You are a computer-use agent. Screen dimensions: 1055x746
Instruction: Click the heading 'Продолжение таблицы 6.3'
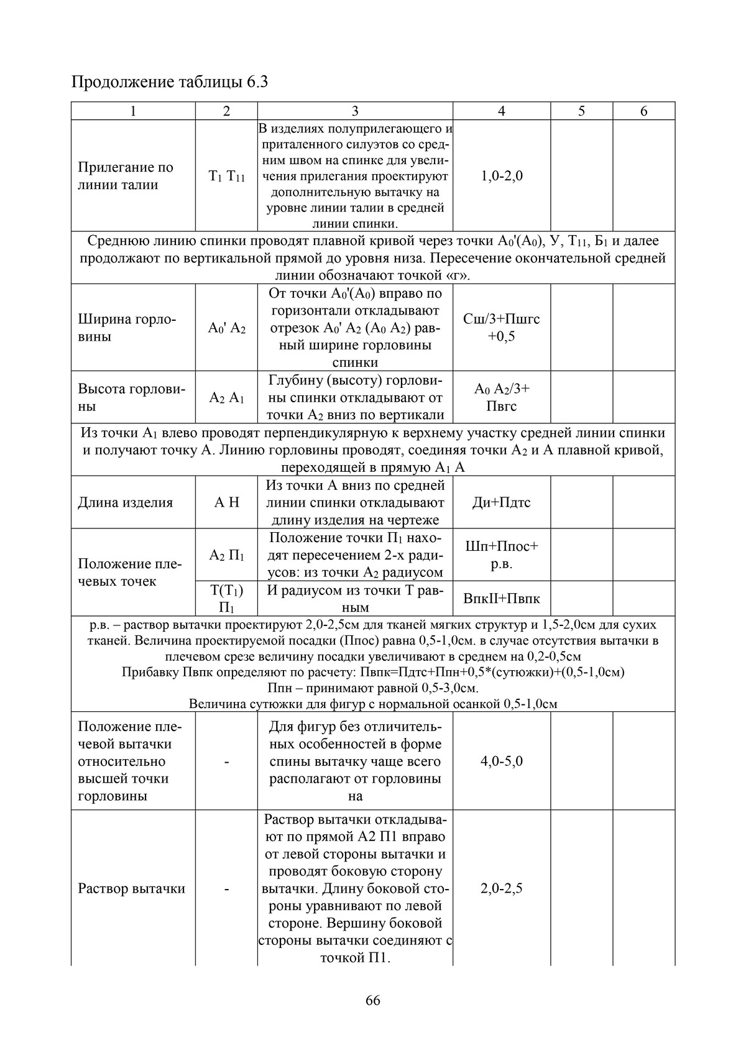point(170,82)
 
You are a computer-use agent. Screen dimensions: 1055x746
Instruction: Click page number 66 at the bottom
point(373,1000)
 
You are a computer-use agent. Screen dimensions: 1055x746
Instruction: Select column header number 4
point(501,111)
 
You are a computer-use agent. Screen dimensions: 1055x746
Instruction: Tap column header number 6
point(643,111)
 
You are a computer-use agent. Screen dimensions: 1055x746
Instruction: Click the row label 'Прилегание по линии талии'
point(126,176)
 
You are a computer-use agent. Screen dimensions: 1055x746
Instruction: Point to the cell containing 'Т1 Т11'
point(226,177)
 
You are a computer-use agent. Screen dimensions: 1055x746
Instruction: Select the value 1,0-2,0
point(501,176)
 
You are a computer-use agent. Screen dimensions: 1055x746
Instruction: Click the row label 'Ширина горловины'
point(127,328)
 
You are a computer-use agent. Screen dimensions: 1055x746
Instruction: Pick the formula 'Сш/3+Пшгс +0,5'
point(501,328)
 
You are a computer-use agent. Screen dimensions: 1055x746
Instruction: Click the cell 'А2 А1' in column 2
point(226,398)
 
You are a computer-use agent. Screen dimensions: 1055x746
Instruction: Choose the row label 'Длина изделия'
point(125,502)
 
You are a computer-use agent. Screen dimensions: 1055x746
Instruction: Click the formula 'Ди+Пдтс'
point(501,502)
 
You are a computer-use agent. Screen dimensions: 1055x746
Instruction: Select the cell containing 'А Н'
point(226,502)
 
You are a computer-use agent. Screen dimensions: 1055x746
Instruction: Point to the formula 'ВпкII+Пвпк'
point(501,599)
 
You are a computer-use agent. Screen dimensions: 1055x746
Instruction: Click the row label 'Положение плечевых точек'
point(129,573)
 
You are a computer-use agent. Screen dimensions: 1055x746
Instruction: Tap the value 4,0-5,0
point(501,761)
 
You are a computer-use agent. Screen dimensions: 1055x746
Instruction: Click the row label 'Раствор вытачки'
point(131,888)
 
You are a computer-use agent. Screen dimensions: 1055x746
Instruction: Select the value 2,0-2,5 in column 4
point(501,888)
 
